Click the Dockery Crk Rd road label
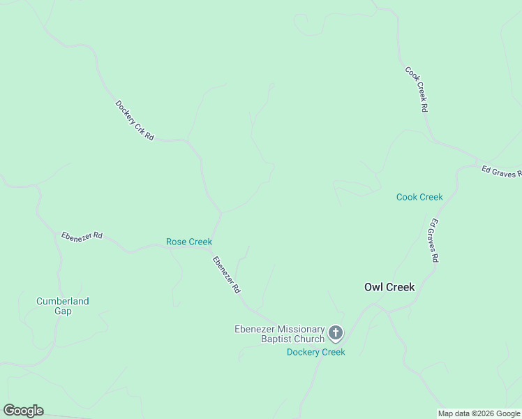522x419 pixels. (135, 121)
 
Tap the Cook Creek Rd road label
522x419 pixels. (416, 89)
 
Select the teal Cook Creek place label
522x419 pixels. (419, 197)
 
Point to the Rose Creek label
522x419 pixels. (189, 242)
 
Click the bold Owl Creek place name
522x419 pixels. (389, 287)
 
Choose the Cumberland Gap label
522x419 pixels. (63, 306)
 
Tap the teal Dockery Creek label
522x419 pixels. (316, 352)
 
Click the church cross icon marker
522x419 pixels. (336, 333)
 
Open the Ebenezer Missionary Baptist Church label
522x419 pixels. (279, 334)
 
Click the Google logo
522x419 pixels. (23, 411)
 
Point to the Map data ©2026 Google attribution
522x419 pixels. (479, 413)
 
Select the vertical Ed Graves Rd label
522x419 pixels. (433, 240)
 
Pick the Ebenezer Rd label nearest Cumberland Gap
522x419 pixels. (82, 235)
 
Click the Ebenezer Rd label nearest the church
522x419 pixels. (227, 274)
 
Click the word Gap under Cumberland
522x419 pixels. (63, 311)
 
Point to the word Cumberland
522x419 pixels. (63, 301)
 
